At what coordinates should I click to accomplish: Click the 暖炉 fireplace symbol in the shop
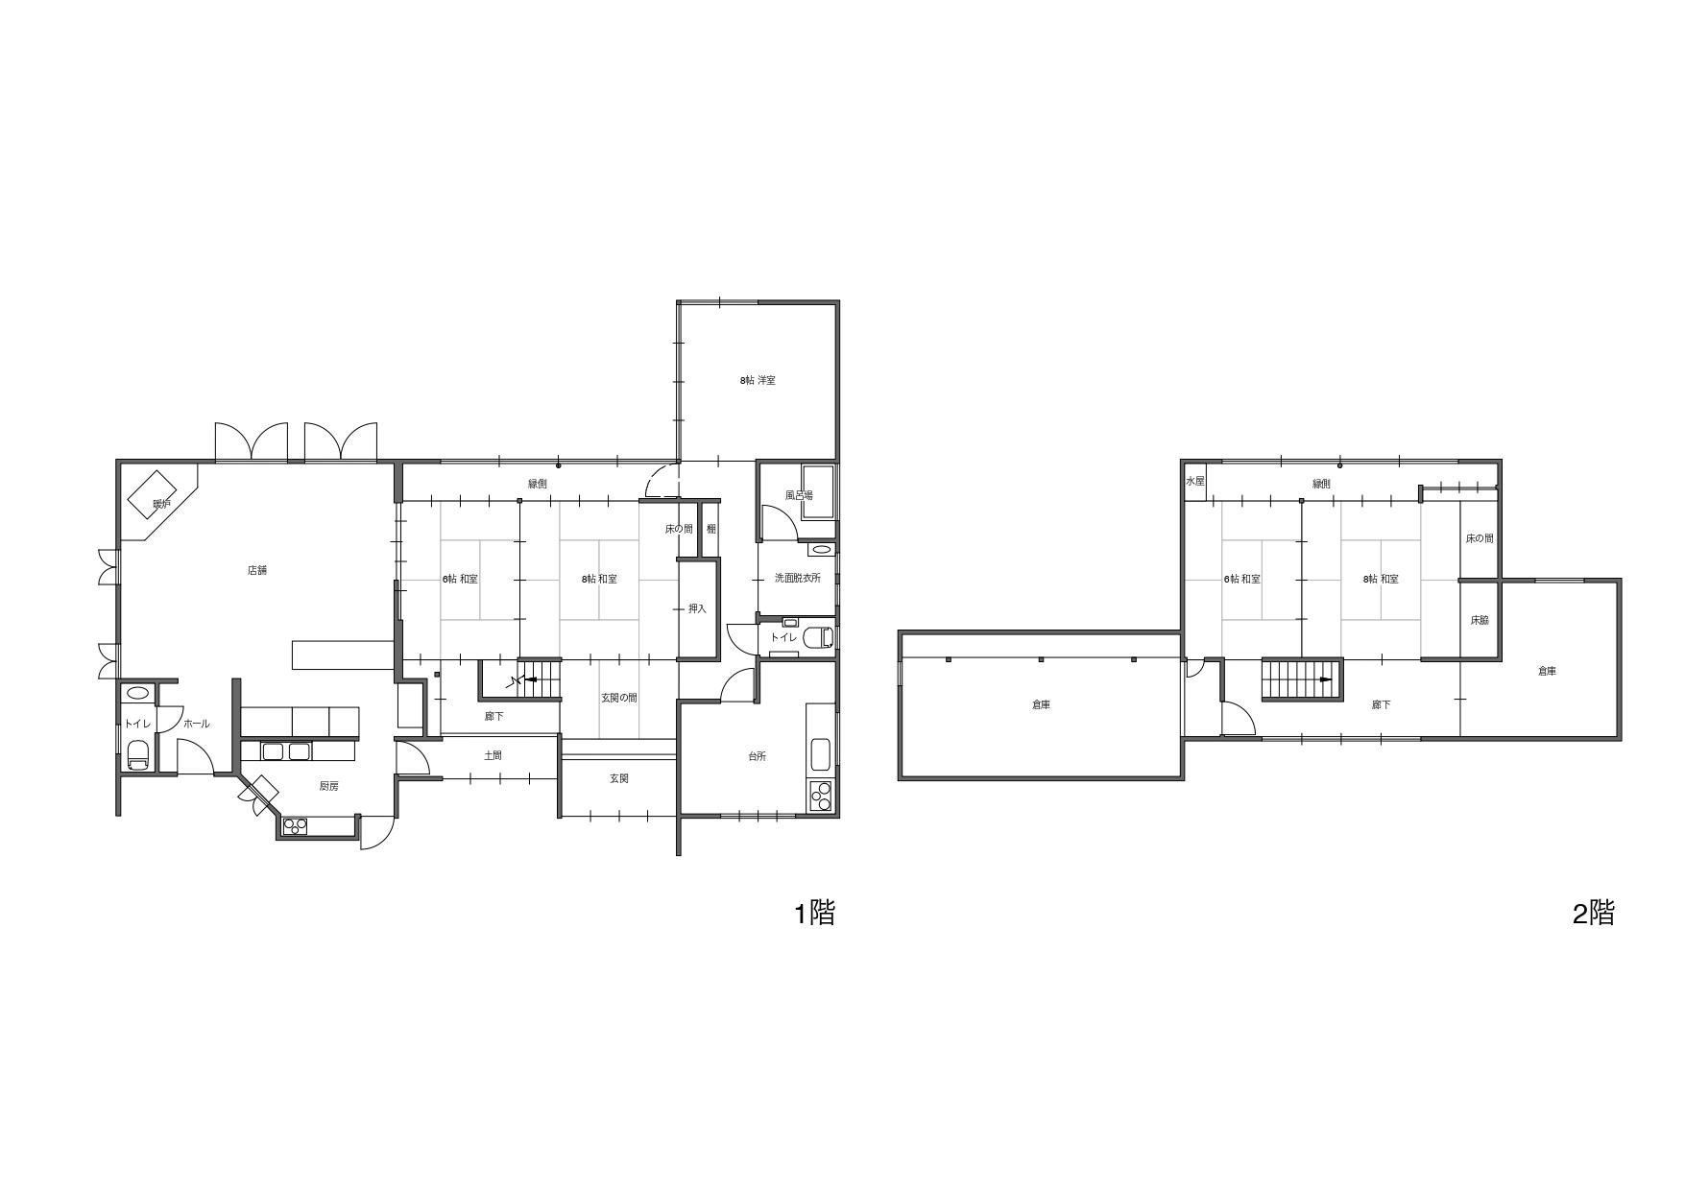coord(161,495)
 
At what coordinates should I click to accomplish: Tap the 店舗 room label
coord(257,570)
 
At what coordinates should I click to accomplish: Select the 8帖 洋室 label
coord(758,380)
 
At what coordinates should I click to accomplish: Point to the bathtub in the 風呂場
coord(818,491)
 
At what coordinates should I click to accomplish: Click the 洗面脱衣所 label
coord(798,579)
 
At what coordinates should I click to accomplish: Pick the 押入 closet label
coord(698,608)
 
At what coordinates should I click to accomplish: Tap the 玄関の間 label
coord(619,698)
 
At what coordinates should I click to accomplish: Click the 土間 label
coord(493,755)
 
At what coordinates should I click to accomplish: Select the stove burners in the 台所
coord(822,796)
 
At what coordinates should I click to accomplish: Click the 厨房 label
coord(328,786)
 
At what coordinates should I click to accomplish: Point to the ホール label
coord(196,724)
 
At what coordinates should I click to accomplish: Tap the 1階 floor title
coord(814,913)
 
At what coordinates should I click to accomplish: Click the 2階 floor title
coord(1594,913)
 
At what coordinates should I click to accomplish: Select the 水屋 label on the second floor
coord(1194,481)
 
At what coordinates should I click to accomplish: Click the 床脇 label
coord(1479,620)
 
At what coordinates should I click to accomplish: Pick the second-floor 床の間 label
coord(1480,538)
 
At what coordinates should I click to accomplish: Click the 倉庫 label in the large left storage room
coord(1041,704)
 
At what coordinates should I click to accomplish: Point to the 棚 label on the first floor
coord(711,528)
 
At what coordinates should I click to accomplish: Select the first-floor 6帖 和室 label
coord(460,579)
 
